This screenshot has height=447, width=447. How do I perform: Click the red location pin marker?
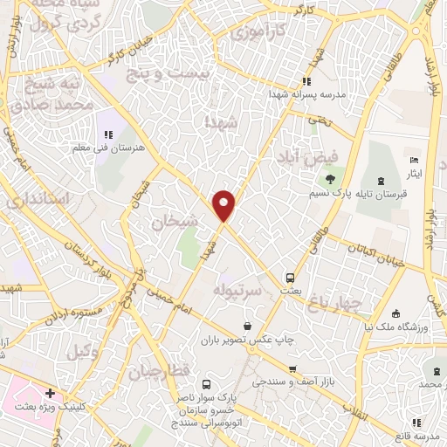click(x=224, y=205)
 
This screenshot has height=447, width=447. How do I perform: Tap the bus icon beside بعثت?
click(x=289, y=279)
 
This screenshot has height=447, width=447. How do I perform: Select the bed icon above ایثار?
click(x=415, y=161)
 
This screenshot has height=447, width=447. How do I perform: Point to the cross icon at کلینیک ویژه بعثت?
click(x=51, y=394)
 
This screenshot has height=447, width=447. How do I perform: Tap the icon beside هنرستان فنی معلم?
click(x=108, y=134)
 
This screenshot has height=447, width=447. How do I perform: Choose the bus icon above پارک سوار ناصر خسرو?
click(x=206, y=384)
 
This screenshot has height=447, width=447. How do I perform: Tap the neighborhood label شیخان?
click(x=169, y=223)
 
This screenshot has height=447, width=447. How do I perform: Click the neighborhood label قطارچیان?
click(x=160, y=373)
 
